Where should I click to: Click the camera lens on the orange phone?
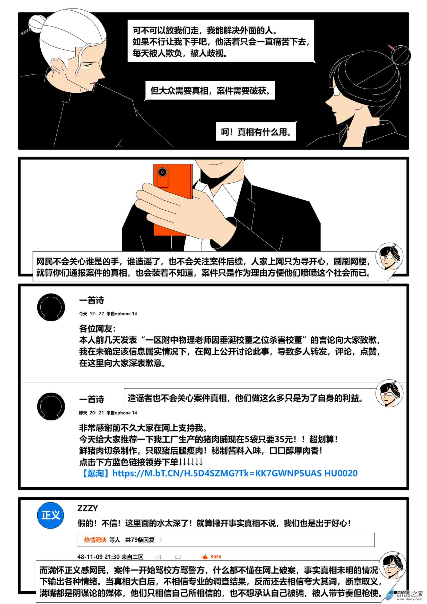pyautogui.click(x=163, y=172)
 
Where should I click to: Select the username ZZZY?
pyautogui.click(x=88, y=508)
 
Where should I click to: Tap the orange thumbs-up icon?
pyautogui.click(x=205, y=557)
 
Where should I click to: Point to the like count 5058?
pyautogui.click(x=216, y=557)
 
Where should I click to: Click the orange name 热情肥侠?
pyautogui.click(x=95, y=540)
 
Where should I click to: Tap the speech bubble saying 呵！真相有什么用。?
pyautogui.click(x=256, y=132)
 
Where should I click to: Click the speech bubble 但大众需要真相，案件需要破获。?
pyautogui.click(x=210, y=91)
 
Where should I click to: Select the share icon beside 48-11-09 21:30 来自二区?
pyautogui.click(x=158, y=557)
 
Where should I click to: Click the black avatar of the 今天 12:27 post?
pyautogui.click(x=51, y=307)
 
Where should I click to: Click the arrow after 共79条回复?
pyautogui.click(x=161, y=540)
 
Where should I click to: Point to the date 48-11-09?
pyautogui.click(x=90, y=557)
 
